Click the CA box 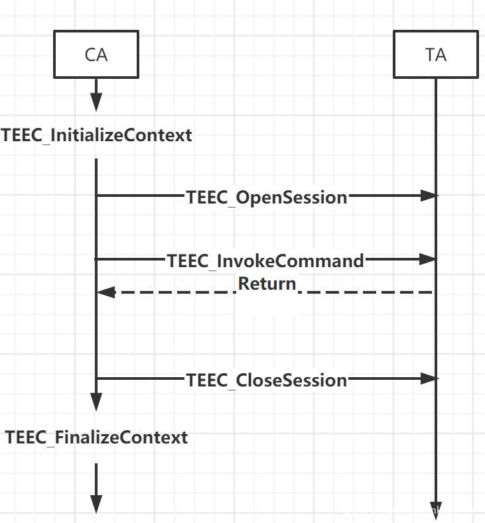point(96,54)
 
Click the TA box point(435,54)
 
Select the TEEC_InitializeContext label point(97,136)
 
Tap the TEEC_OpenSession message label point(267,197)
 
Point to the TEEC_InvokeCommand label point(266,261)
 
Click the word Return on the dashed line point(267,284)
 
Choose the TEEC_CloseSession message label point(267,380)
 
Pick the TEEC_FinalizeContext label point(97,437)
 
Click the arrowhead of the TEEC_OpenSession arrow point(429,196)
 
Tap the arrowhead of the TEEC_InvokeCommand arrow point(429,260)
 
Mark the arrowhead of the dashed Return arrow point(105,292)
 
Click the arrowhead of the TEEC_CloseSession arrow point(429,378)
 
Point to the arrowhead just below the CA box point(96,103)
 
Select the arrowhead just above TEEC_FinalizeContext point(96,402)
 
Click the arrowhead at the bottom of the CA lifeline point(96,504)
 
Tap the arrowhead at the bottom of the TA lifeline point(436,507)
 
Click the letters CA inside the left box point(96,54)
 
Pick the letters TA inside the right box point(435,54)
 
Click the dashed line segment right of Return point(365,292)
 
